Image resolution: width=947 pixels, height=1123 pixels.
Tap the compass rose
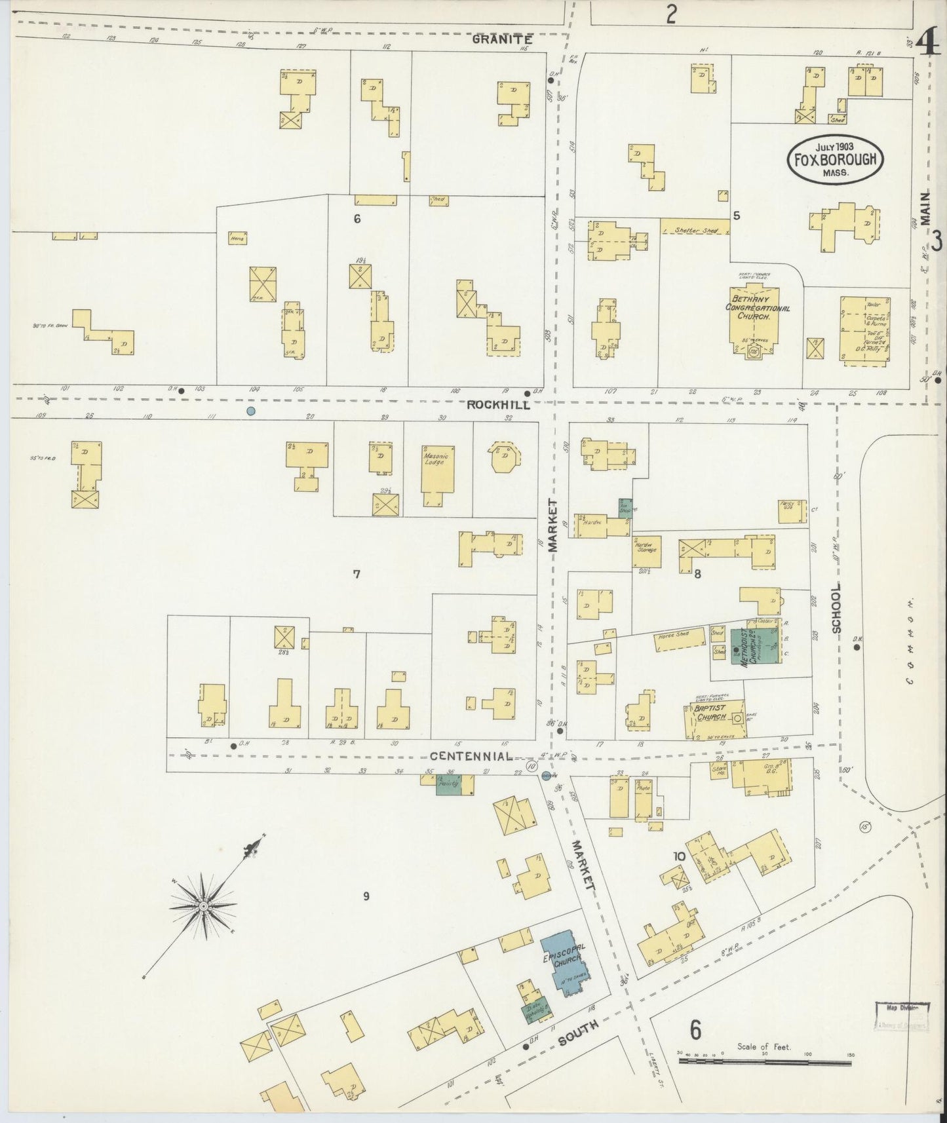203,906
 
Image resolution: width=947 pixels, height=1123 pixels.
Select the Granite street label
501,39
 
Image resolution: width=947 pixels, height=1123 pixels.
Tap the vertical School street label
836,609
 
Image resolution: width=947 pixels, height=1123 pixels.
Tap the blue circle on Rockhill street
250,411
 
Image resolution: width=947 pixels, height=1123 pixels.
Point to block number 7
357,575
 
